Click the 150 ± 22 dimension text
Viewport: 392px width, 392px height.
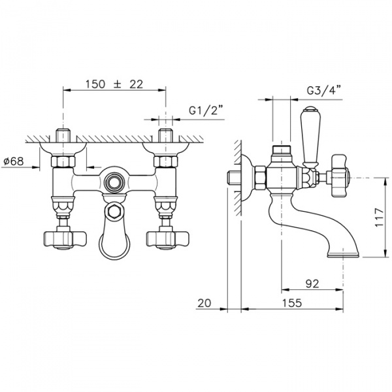pyautogui.click(x=114, y=84)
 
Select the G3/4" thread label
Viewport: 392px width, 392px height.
pyautogui.click(x=324, y=90)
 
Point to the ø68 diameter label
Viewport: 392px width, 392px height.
pyautogui.click(x=14, y=161)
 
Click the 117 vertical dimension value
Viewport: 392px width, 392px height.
pyautogui.click(x=379, y=218)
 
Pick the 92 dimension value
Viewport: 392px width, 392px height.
pyautogui.click(x=312, y=284)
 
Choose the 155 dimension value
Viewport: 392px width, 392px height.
pyautogui.click(x=292, y=302)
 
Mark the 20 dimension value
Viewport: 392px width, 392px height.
pyautogui.click(x=204, y=303)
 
